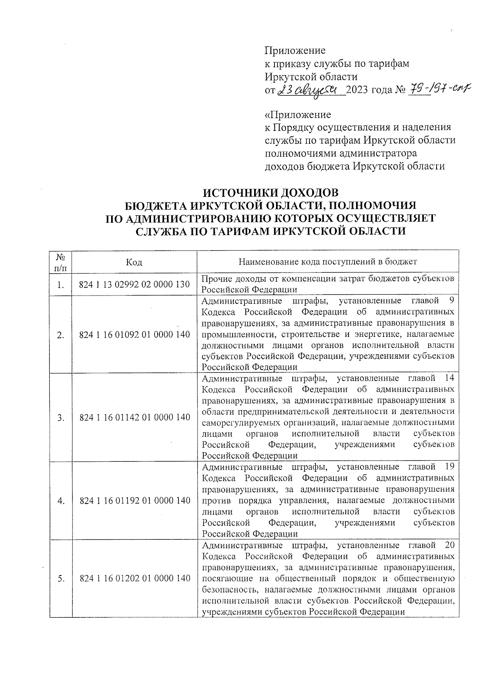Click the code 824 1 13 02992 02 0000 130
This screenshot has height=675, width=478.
(135, 285)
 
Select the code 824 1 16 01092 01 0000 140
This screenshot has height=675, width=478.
(135, 335)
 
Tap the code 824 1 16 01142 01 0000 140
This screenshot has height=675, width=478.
(135, 417)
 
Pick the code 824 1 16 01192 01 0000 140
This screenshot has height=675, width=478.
(135, 500)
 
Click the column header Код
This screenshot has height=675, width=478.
(134, 262)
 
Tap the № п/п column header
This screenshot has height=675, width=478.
(61, 262)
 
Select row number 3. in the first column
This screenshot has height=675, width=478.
(61, 418)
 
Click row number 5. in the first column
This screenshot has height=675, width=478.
(61, 579)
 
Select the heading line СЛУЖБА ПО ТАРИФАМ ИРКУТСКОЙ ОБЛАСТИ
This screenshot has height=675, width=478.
(271, 231)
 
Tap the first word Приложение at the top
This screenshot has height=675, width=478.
(295, 51)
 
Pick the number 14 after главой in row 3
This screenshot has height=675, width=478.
(449, 378)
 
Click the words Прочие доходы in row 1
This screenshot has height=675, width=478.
(226, 279)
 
